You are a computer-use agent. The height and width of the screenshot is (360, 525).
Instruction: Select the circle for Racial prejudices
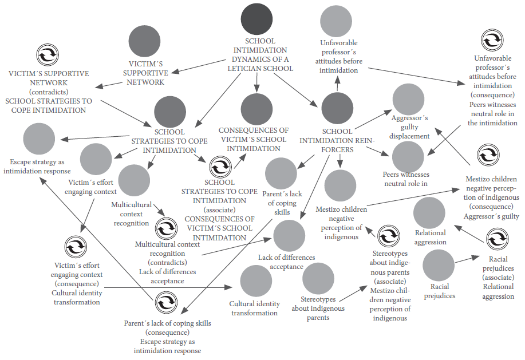[x=439, y=266]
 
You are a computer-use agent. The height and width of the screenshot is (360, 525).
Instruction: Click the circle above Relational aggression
[x=429, y=212]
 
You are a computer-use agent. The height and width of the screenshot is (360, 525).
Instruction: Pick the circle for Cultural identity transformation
[x=256, y=281]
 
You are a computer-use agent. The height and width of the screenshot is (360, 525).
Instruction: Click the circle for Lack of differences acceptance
[x=289, y=236]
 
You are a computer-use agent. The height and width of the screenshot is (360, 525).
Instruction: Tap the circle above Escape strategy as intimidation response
[x=39, y=137]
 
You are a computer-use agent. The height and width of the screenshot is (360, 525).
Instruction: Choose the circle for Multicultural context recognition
[x=133, y=180]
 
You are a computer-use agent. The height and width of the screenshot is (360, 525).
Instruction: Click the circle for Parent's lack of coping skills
[x=281, y=173]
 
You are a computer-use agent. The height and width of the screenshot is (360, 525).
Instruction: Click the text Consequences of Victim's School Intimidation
[x=253, y=139]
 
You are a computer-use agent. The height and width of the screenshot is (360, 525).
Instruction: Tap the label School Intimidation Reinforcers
[x=333, y=141]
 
